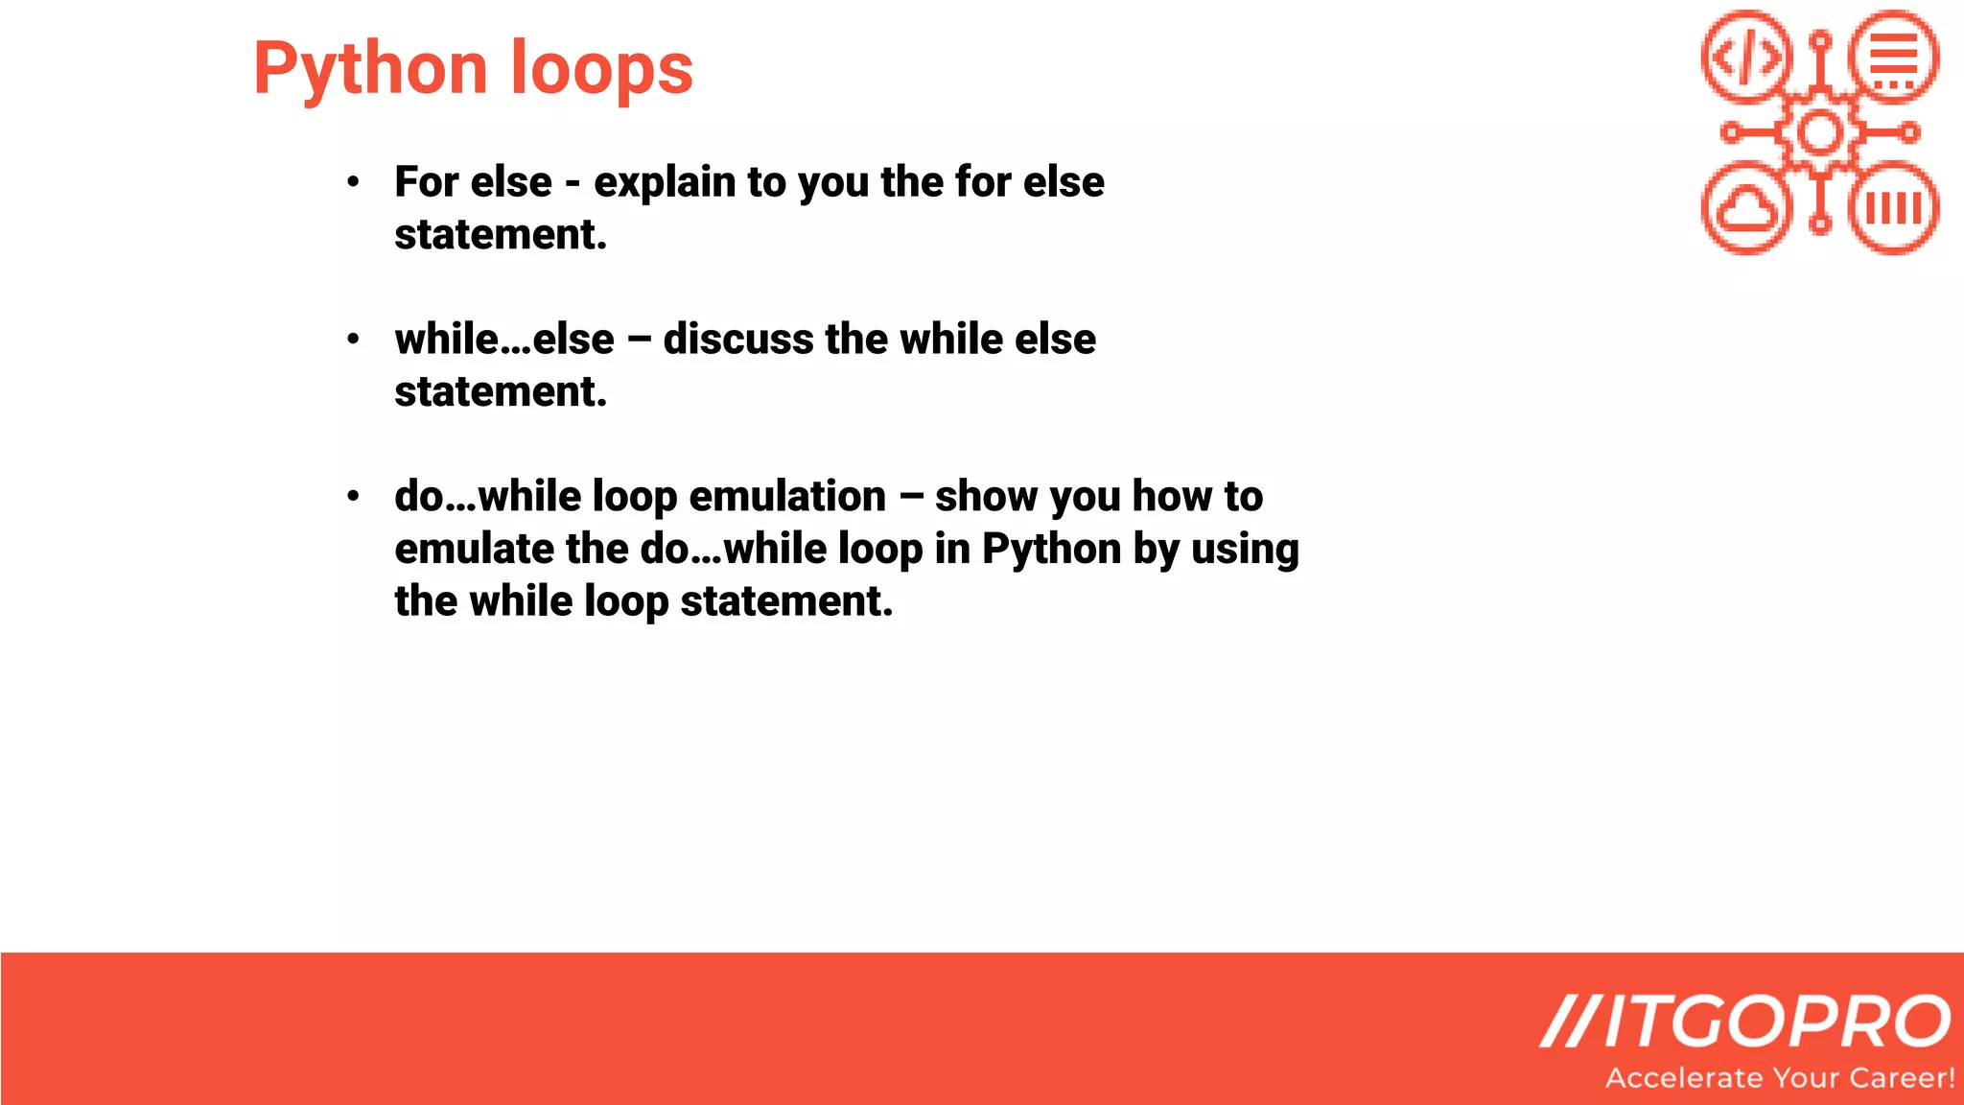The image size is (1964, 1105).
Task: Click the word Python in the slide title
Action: (x=370, y=70)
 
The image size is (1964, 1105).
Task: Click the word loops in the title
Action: (x=601, y=68)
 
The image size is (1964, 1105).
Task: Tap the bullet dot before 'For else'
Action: (x=354, y=181)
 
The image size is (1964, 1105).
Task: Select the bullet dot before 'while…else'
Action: (x=354, y=339)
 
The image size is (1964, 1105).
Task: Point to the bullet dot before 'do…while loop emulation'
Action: (x=354, y=496)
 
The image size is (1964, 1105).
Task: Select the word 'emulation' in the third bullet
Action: (x=787, y=496)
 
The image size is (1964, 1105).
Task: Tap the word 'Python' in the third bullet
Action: (x=1051, y=550)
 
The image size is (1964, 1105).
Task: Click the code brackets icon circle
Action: (x=1746, y=57)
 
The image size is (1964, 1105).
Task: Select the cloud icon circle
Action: (x=1746, y=208)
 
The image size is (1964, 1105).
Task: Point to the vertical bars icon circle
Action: (x=1894, y=208)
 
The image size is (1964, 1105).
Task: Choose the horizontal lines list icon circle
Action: (x=1894, y=57)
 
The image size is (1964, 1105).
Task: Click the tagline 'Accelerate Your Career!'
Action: (x=1780, y=1078)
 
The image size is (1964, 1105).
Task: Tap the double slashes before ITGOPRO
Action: (x=1569, y=1022)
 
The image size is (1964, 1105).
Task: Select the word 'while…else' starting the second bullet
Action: (x=504, y=339)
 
